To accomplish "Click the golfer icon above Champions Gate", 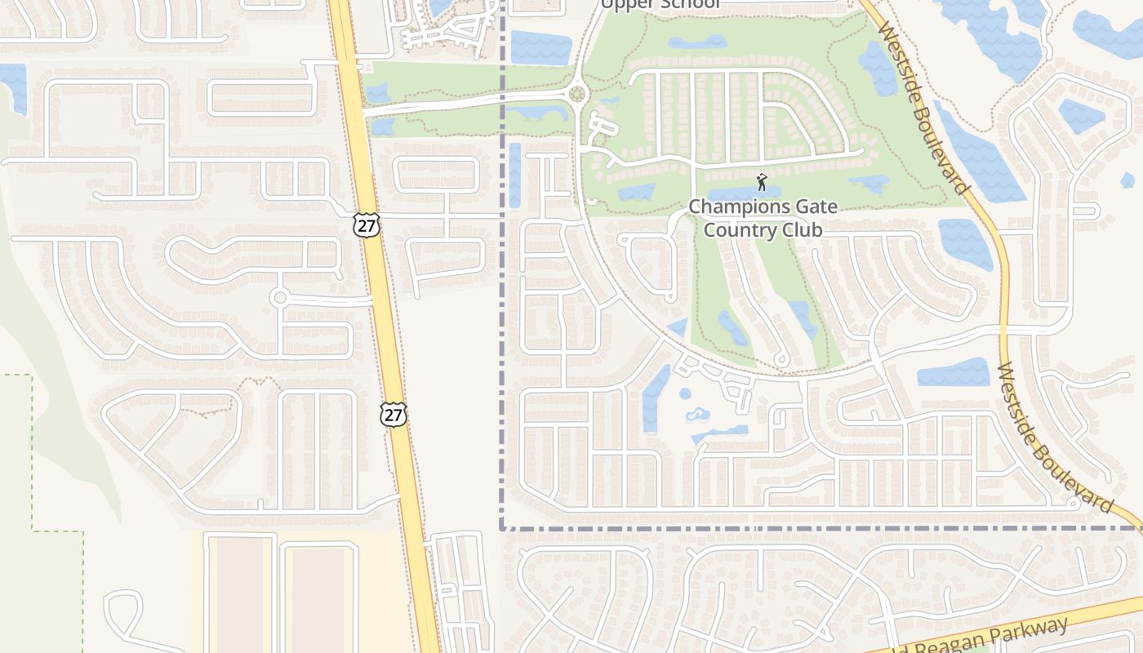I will tap(762, 181).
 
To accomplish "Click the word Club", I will tap(802, 229).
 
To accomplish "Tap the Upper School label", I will tap(660, 4).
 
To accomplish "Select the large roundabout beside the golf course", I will tap(579, 95).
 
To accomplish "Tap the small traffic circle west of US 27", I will tap(280, 297).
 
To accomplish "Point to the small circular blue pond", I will tap(685, 393).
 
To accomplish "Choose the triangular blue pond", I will tap(678, 327).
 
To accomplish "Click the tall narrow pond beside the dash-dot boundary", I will tap(514, 174).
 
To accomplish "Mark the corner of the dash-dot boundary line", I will tap(501, 528).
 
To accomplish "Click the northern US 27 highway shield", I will tap(367, 225).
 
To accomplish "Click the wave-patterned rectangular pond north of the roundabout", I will tap(541, 47).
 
